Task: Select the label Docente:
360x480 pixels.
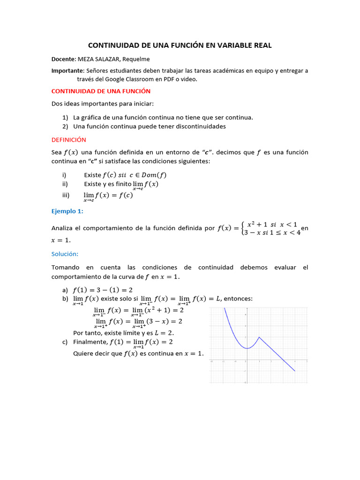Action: click(x=63, y=59)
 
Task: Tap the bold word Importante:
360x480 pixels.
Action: click(x=68, y=71)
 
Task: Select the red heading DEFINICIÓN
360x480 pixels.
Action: click(x=68, y=140)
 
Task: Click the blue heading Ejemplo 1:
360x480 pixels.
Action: click(x=67, y=211)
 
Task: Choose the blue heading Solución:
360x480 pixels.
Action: click(x=65, y=254)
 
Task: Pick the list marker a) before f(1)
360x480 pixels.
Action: click(x=65, y=290)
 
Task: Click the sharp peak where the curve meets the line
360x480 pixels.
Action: click(x=259, y=337)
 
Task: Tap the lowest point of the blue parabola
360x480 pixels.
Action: click(x=247, y=348)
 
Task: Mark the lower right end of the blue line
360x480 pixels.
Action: click(x=295, y=371)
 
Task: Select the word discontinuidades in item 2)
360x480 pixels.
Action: click(x=197, y=127)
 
